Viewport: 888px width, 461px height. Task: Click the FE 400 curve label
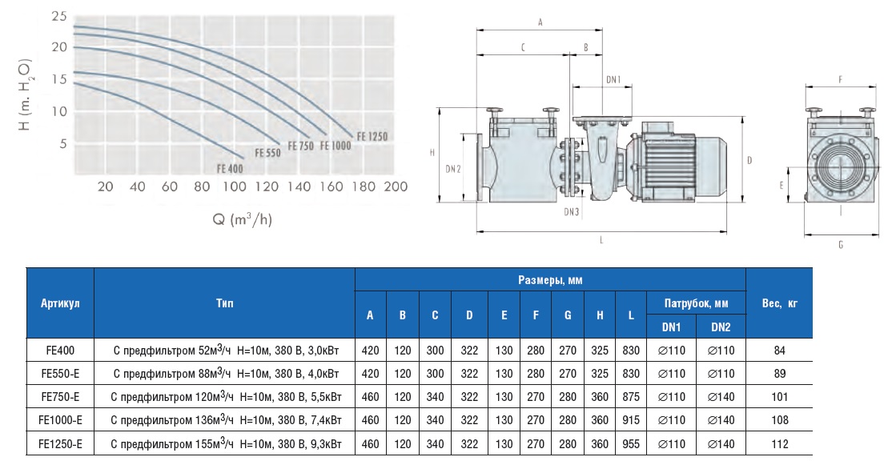(229, 168)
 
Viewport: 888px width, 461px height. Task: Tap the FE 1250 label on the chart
(372, 137)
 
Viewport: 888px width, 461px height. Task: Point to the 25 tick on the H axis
(58, 16)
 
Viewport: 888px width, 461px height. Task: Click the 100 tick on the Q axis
(234, 186)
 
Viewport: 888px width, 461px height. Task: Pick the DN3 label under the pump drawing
(571, 212)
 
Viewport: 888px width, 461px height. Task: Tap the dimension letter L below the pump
(601, 239)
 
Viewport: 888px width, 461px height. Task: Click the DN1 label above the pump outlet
(613, 79)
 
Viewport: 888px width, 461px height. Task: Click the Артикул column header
(60, 303)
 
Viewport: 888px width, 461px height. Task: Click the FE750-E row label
(60, 396)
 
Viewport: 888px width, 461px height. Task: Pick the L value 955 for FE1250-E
(631, 443)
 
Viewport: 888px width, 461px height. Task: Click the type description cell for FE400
(224, 350)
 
